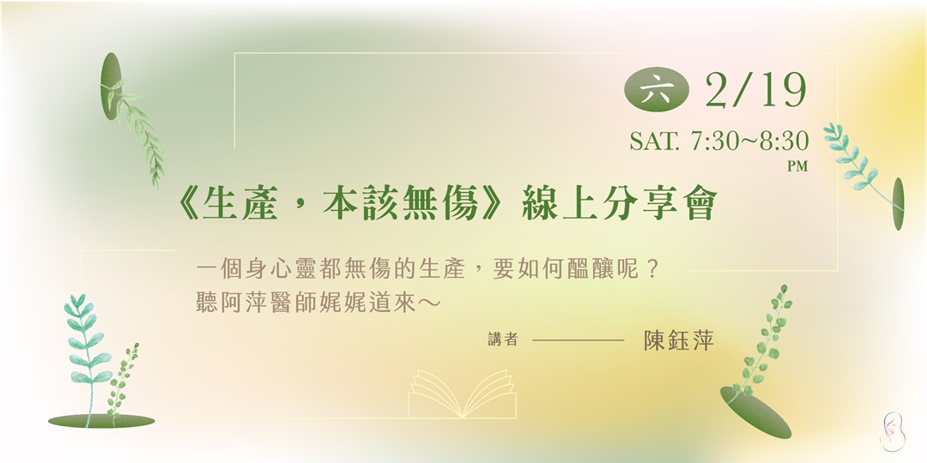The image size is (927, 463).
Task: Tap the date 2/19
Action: tap(755, 90)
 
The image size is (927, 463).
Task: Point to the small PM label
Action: tap(798, 167)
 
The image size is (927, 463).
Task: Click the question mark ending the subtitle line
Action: tap(655, 268)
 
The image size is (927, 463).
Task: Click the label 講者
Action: tap(502, 340)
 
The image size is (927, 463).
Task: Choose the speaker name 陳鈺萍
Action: tap(679, 340)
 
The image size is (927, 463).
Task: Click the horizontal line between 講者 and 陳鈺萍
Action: tap(578, 341)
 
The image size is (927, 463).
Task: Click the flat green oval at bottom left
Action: tap(101, 421)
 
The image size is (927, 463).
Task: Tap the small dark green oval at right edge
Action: tap(898, 204)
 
